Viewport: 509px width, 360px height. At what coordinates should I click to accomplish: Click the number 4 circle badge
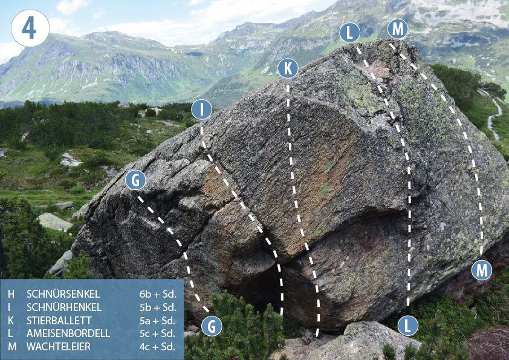point(30,28)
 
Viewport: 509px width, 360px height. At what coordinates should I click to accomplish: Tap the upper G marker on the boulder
point(135,180)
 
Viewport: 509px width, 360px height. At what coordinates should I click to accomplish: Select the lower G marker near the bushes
point(212,326)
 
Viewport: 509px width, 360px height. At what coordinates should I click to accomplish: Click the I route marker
point(201,110)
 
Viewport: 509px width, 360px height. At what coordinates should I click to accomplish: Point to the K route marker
point(288,68)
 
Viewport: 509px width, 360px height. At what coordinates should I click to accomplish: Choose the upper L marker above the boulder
point(350,33)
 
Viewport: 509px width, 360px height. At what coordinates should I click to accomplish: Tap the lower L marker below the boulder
point(408,326)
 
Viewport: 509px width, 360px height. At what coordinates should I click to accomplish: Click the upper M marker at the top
point(398,29)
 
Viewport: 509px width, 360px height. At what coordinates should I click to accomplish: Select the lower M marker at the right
point(482,270)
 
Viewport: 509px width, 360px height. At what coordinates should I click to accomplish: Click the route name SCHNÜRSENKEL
point(63,294)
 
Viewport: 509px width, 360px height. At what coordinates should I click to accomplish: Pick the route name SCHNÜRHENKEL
point(64,307)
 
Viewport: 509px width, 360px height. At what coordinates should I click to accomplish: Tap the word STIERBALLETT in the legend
point(59,320)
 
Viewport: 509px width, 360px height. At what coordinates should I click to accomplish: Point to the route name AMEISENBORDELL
point(68,333)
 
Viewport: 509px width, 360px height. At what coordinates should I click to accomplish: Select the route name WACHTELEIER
point(59,347)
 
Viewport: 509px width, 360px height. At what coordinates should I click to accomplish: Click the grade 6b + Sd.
point(158,294)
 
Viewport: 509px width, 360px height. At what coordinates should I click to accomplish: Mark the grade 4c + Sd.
point(157,347)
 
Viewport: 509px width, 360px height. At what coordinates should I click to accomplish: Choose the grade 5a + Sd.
point(157,320)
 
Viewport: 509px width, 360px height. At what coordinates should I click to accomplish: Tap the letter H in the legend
point(11,294)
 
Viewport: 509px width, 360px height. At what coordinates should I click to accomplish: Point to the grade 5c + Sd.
point(157,333)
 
